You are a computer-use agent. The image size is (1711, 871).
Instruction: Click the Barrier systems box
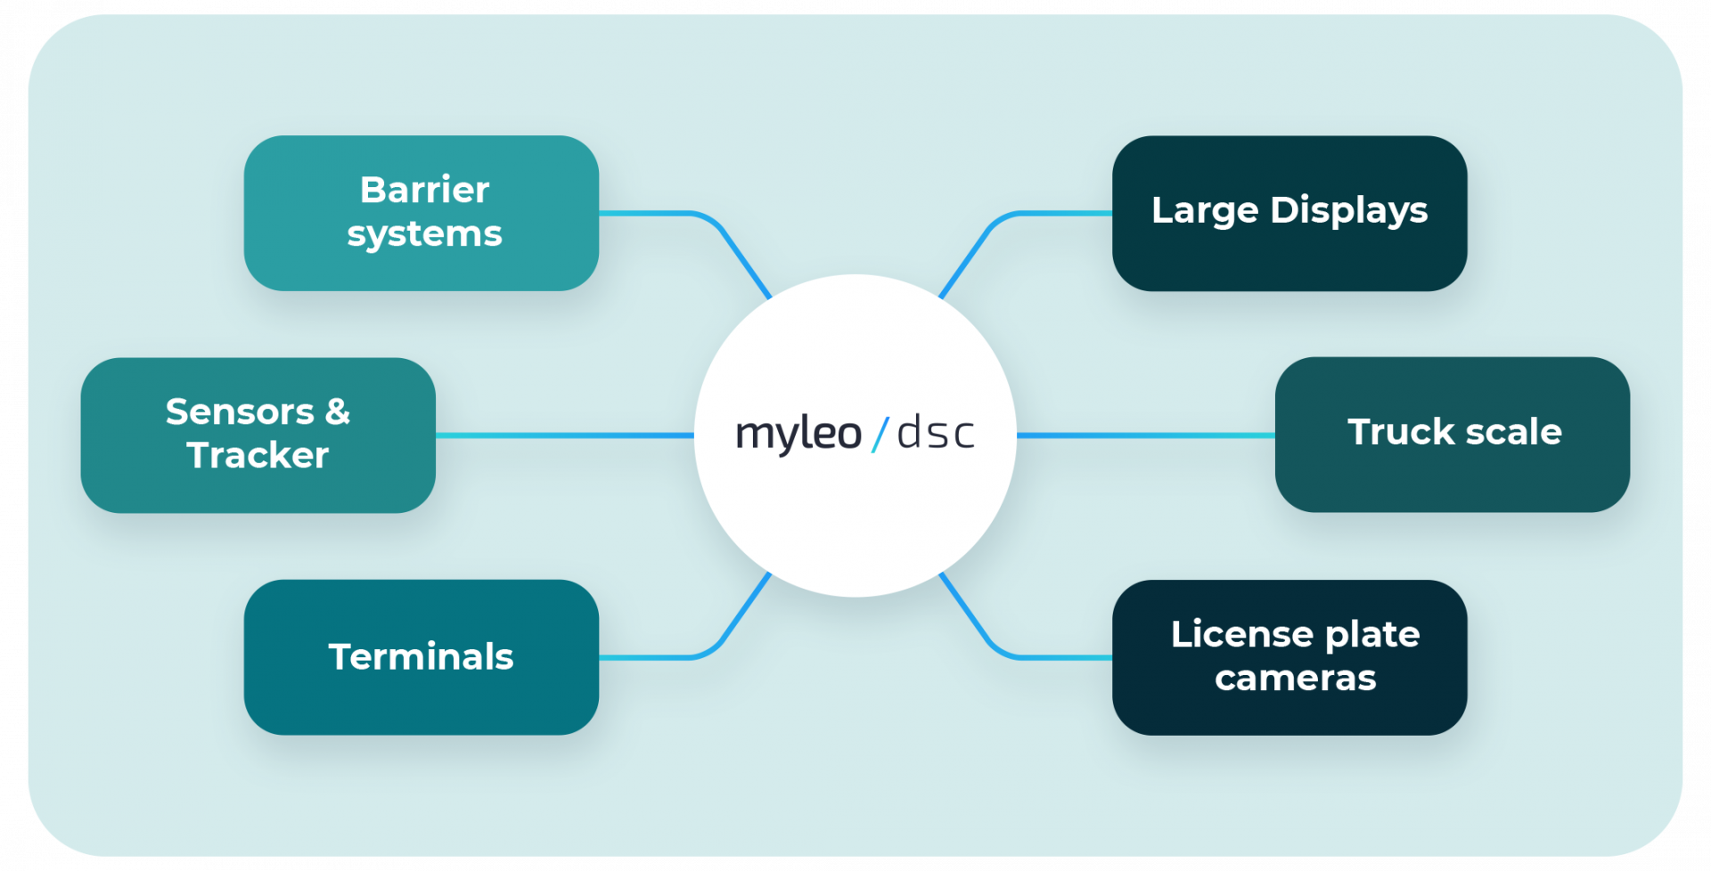[421, 213]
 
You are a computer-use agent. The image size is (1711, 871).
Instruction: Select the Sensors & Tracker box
[258, 435]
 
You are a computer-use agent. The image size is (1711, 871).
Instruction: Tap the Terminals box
[421, 657]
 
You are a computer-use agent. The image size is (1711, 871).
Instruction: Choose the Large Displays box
[1289, 213]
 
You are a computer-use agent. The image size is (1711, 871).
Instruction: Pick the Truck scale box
[1452, 434]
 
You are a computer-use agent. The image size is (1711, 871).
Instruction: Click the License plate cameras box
[1289, 657]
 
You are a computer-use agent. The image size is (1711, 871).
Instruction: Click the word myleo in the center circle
[798, 435]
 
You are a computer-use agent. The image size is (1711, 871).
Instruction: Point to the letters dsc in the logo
[935, 434]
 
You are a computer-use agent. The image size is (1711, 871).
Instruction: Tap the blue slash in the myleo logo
[880, 434]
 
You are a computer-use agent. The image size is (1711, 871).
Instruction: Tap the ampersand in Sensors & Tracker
[337, 412]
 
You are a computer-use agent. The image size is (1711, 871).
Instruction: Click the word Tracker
[258, 456]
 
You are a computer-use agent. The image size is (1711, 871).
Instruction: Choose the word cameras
[1295, 679]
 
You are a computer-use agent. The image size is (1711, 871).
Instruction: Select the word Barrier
[424, 190]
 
